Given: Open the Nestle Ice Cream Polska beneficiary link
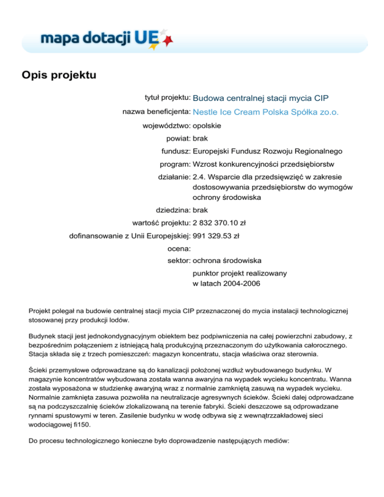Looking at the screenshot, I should pos(265,112).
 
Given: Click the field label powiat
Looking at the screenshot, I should pos(178,138).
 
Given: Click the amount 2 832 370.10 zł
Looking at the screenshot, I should pos(223,223).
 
